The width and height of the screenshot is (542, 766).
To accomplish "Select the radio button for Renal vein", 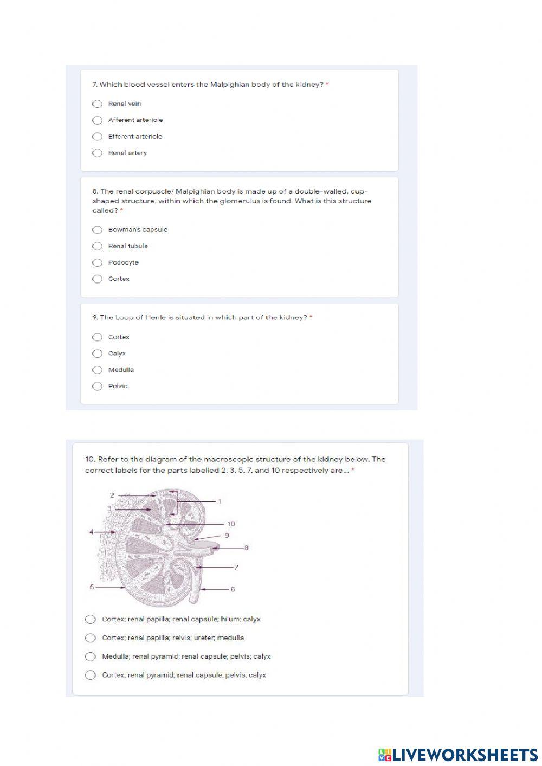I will [98, 104].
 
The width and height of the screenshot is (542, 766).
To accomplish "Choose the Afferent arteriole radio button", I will [98, 120].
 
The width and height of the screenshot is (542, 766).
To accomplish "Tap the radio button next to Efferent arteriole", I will [98, 137].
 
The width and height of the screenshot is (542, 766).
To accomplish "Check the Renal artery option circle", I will [98, 153].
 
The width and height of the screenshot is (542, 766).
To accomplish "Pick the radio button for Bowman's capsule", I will [98, 230].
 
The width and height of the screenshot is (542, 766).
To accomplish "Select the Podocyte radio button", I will [98, 263].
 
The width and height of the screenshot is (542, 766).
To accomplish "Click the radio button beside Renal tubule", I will [98, 246].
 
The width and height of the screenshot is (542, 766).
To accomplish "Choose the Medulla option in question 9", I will [98, 370].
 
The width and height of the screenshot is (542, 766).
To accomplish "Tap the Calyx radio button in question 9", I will [98, 353].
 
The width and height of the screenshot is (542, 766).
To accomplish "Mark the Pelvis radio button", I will [98, 387].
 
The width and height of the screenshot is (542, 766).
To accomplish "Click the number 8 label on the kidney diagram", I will [246, 548].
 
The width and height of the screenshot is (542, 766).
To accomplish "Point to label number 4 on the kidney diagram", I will [92, 532].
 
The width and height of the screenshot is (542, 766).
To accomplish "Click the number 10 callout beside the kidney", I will [231, 524].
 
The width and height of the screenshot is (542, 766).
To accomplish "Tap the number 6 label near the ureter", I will [233, 589].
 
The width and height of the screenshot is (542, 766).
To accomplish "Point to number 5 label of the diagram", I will [92, 587].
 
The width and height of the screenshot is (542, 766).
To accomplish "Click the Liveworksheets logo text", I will [458, 754].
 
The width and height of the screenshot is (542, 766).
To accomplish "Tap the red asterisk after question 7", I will [327, 84].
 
